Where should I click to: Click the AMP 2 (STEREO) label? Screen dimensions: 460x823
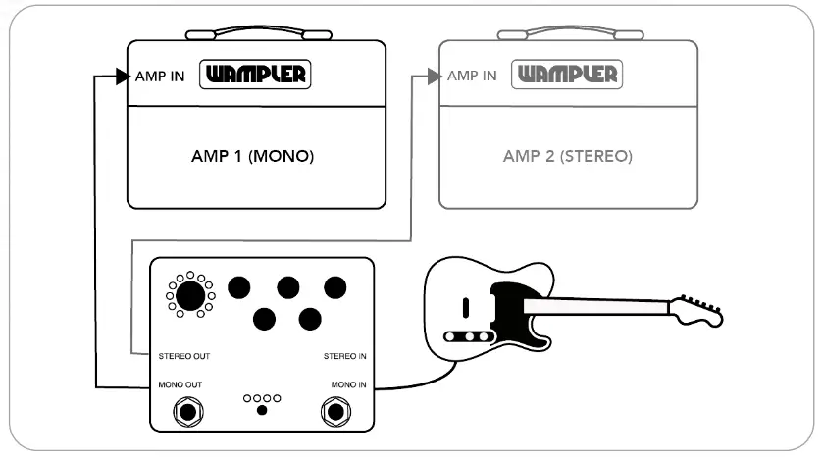point(567,156)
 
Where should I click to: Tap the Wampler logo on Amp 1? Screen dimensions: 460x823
point(254,74)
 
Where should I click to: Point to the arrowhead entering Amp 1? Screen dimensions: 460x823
point(121,76)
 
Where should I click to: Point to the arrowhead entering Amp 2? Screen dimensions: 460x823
point(434,76)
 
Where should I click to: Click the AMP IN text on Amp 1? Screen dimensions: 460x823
point(160,76)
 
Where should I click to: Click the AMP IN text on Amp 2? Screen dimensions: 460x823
point(472,76)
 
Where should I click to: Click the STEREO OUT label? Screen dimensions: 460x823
point(183,356)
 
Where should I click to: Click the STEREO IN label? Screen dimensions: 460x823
point(345,356)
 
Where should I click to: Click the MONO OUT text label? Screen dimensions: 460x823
point(180,384)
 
